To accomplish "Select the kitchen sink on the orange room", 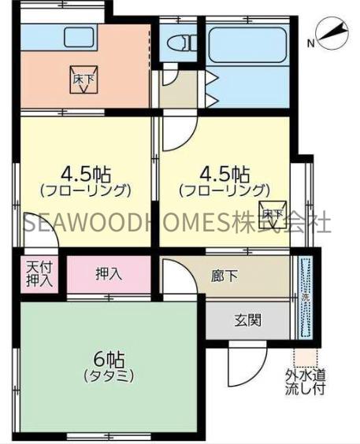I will pyautogui.click(x=79, y=37).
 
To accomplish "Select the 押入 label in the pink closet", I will pyautogui.click(x=108, y=273).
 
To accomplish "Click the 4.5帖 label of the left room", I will pyautogui.click(x=82, y=173).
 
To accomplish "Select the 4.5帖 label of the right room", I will pyautogui.click(x=225, y=173).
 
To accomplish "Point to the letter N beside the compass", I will pyautogui.click(x=312, y=43).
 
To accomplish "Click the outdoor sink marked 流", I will pyautogui.click(x=305, y=298).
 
